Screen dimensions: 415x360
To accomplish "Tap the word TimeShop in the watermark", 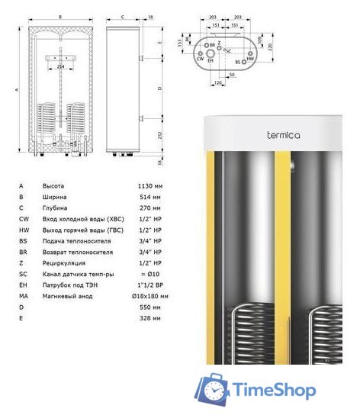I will (x=274, y=391).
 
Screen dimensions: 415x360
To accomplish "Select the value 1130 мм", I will (x=146, y=186).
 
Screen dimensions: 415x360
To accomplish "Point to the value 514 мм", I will (x=146, y=197).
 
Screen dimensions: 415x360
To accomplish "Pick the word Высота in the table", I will (x=53, y=186).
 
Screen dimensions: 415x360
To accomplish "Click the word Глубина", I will (x=55, y=207).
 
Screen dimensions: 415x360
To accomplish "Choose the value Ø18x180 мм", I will (x=149, y=295).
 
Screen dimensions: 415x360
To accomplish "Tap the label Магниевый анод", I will (x=67, y=295).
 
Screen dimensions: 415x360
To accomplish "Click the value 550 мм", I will (x=146, y=307).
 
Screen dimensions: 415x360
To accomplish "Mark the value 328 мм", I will (x=146, y=317).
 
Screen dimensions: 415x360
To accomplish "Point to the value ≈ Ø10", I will (x=145, y=273).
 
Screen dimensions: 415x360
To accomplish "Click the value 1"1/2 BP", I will (x=145, y=285).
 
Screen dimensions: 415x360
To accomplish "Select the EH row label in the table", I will (x=22, y=285).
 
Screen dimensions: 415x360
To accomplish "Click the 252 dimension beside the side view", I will (x=159, y=135).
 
